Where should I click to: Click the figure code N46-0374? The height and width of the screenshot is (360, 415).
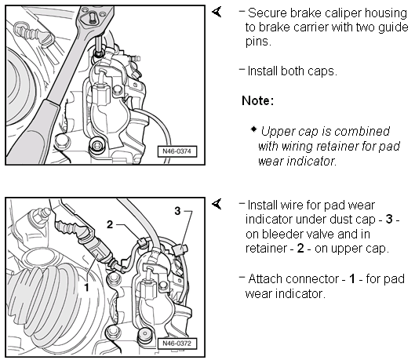(x=177, y=151)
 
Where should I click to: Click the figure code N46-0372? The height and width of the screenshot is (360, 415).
(x=177, y=344)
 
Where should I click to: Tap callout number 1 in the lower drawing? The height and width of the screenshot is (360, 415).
(x=86, y=287)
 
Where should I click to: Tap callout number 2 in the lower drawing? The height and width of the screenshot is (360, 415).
(x=110, y=224)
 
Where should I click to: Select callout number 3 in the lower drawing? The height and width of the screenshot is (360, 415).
(x=177, y=211)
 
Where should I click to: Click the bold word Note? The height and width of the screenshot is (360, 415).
(x=257, y=100)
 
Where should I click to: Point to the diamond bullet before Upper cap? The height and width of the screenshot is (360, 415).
(x=253, y=129)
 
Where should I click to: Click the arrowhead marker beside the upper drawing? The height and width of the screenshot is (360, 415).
(x=217, y=12)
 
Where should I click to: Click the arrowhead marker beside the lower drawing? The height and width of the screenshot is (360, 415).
(x=217, y=204)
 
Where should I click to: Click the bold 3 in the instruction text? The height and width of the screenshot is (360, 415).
(x=389, y=220)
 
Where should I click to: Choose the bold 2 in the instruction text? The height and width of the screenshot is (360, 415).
(x=300, y=249)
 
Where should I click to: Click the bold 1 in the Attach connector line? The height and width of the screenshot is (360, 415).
(x=352, y=278)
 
